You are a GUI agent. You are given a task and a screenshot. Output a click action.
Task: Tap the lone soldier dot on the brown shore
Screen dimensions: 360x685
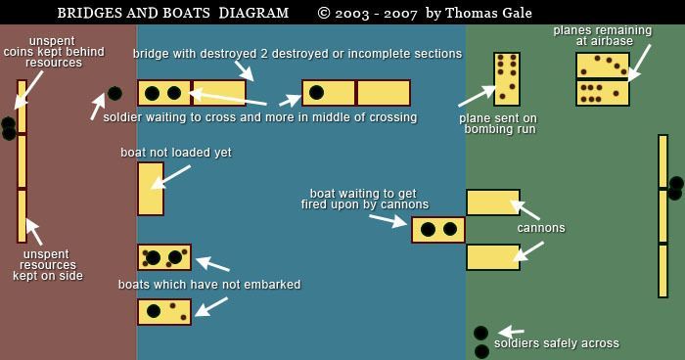click(114, 94)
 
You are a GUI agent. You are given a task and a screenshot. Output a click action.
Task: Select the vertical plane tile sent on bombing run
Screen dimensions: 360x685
click(506, 78)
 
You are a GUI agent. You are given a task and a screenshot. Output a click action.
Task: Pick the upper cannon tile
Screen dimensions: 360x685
click(492, 202)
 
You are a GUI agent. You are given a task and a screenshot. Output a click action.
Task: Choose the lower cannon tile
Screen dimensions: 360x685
click(492, 257)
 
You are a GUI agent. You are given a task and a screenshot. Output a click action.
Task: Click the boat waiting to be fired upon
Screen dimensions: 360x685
click(437, 230)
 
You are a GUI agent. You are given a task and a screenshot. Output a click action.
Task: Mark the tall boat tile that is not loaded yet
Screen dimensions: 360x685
click(150, 189)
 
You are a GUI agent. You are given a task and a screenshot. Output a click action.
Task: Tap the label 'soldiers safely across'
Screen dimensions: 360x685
click(556, 343)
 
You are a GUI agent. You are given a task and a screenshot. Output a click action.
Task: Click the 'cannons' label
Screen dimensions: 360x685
click(541, 228)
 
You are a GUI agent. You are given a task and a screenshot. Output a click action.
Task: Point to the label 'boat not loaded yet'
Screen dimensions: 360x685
click(176, 153)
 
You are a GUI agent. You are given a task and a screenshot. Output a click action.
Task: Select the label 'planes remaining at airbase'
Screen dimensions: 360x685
click(593, 35)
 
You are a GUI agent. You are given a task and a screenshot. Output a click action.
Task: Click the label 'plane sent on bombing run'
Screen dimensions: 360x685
click(498, 123)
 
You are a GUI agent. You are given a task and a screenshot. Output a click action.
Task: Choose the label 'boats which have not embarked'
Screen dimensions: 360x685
click(209, 285)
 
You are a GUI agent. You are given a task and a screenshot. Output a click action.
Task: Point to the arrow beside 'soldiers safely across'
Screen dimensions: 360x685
click(512, 333)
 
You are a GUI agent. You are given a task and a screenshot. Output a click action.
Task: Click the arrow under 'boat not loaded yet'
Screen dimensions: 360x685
click(171, 175)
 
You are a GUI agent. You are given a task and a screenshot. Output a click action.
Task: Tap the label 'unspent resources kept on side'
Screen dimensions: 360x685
click(48, 265)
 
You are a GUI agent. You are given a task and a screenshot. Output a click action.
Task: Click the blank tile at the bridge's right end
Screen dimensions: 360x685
click(383, 93)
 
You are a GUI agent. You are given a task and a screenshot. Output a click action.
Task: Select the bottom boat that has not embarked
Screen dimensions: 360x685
click(163, 312)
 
